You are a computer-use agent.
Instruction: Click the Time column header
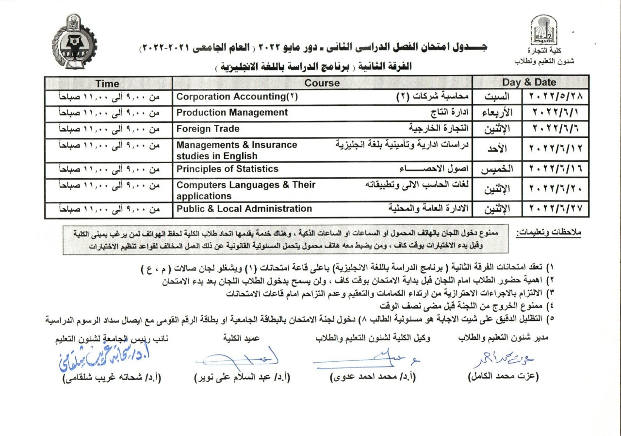[107, 84]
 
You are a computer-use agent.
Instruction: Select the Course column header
[322, 84]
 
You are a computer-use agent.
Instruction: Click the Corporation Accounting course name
[237, 97]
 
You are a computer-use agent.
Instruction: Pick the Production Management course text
[232, 113]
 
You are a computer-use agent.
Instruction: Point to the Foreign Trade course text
[208, 129]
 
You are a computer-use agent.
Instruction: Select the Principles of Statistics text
[227, 169]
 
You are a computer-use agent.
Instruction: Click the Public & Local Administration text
[244, 209]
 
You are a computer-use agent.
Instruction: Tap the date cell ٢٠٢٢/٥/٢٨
[556, 97]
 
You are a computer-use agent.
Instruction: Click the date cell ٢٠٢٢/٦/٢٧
[556, 209]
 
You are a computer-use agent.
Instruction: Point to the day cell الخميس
[497, 169]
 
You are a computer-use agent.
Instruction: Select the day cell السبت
[497, 97]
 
